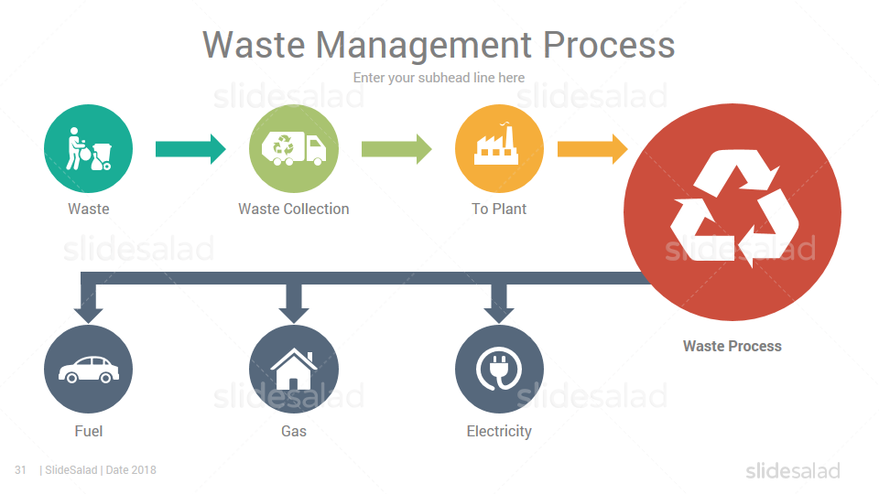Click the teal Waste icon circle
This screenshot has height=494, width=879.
89,148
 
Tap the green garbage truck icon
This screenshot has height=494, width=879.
294,148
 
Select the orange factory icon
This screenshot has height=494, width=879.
496,144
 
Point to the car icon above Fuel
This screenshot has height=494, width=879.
89,370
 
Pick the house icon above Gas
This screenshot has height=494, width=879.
294,369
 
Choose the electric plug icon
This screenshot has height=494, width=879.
499,369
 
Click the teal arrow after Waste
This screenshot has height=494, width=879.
190,149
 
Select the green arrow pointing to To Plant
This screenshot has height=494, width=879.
396,149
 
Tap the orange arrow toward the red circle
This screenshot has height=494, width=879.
592,149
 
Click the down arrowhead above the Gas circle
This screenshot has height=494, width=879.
294,315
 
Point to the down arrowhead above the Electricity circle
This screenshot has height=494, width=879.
499,315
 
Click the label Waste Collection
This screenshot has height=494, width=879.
294,209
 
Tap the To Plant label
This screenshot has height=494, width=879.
499,209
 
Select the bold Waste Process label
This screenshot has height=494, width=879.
732,346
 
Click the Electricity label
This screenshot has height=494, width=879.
499,431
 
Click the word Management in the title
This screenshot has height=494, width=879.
424,46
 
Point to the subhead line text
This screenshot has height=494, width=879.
439,78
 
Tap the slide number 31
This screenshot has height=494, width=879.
20,470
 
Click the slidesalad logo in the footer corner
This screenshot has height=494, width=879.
793,471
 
